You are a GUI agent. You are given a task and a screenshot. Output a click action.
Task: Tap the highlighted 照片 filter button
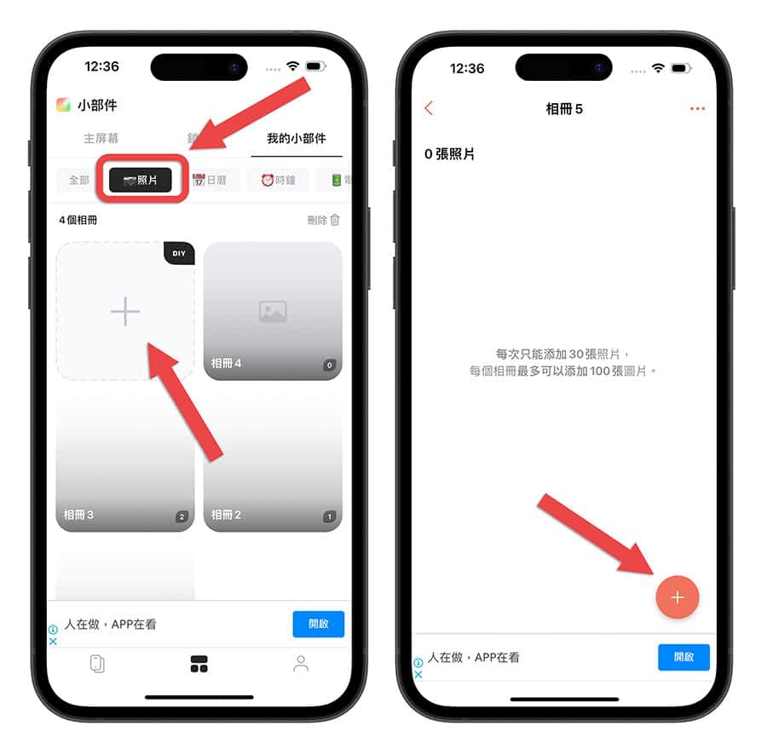tap(141, 180)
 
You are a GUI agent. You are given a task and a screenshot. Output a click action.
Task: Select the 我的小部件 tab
tap(297, 138)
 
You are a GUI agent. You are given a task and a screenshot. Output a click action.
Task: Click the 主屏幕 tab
tap(101, 138)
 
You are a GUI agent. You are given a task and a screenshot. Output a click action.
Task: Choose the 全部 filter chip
tap(78, 180)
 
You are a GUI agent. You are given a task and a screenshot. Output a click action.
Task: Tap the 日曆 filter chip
tap(210, 180)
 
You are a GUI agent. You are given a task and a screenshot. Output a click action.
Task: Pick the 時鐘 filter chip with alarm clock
tap(278, 180)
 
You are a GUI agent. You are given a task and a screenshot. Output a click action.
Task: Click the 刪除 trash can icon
tap(335, 220)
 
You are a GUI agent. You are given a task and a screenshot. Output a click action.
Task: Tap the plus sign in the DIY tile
tap(125, 311)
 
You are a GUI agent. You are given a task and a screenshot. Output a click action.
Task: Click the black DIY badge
tap(179, 253)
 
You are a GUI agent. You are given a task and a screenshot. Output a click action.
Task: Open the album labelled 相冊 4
tap(273, 311)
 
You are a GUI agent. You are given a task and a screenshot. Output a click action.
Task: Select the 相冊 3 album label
tap(78, 515)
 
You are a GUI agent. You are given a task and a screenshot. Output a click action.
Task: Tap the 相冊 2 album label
tap(226, 515)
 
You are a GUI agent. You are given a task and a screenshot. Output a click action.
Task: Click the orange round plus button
tap(677, 597)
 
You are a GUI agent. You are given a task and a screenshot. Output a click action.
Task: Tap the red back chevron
tap(429, 108)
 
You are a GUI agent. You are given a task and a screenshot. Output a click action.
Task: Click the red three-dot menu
tap(697, 108)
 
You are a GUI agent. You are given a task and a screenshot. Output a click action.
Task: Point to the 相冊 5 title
tap(564, 108)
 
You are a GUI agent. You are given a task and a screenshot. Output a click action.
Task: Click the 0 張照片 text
tap(449, 154)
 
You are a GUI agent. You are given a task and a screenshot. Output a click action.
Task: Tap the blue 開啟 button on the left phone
tap(319, 624)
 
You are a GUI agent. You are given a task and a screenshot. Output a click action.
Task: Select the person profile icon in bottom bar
tap(301, 664)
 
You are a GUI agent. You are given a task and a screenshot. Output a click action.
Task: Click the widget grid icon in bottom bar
tap(199, 664)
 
